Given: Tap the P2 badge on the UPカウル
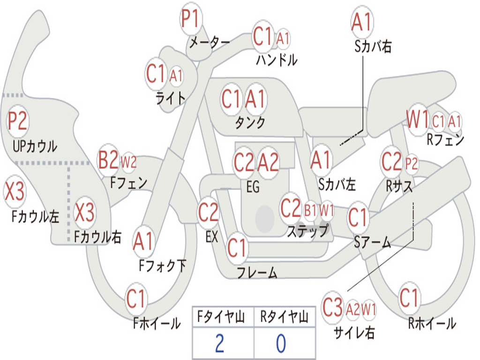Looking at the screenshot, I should click(x=18, y=121).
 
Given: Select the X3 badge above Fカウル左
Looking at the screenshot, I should click(x=15, y=192).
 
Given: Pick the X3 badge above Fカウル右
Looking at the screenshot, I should click(x=85, y=213).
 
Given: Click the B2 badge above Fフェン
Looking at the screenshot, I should click(x=108, y=161).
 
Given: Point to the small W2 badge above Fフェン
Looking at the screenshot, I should click(x=128, y=162).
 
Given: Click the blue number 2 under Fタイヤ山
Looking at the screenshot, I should click(x=219, y=344).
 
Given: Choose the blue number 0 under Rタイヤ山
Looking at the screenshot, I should click(x=281, y=344).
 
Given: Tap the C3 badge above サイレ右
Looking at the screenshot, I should click(x=333, y=308).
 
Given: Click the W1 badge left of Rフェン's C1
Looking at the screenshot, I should click(x=417, y=120).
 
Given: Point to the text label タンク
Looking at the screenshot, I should click(x=250, y=123).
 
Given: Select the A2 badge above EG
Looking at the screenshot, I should click(x=268, y=163).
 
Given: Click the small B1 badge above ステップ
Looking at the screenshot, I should click(x=310, y=210).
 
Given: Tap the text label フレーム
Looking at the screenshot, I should click(x=257, y=272).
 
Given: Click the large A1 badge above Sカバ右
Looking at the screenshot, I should click(x=361, y=22).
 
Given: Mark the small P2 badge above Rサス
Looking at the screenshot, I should click(x=411, y=164).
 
